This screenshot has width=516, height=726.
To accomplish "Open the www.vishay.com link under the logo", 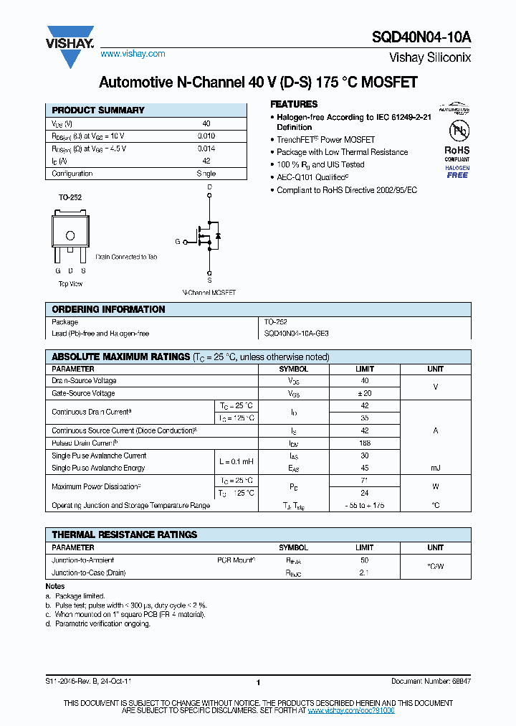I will [133, 54].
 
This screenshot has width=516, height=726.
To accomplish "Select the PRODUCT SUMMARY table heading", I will [98, 110].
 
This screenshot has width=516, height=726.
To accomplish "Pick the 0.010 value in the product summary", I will [206, 136].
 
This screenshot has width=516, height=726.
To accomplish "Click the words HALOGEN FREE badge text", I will [457, 171].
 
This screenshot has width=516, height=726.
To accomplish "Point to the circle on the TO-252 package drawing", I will [70, 235].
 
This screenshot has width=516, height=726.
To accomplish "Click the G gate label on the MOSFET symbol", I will [177, 242].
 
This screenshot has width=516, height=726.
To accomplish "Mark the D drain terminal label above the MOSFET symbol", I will [209, 187].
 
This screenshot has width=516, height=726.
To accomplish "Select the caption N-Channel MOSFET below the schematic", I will [209, 293].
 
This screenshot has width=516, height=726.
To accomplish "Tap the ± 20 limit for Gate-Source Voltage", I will [365, 393].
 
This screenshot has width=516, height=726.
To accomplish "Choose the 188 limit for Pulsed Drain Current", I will [365, 443].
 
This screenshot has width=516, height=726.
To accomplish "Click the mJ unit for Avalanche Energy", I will [435, 468].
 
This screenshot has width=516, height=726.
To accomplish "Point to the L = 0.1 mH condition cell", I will [236, 461].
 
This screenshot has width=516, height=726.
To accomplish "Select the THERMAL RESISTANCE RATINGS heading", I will [124, 534].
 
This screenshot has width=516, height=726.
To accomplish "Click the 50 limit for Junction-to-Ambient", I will [365, 560].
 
